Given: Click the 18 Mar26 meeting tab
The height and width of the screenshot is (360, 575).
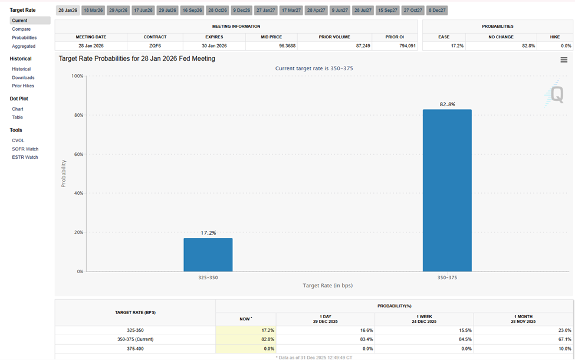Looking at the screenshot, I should (93, 11).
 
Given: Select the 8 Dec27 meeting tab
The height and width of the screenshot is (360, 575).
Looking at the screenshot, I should (437, 11).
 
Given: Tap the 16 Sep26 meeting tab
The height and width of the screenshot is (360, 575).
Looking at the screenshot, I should (192, 11).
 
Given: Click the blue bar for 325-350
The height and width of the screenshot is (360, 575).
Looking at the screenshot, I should (208, 254).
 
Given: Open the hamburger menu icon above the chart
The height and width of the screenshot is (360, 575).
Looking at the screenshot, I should (564, 60).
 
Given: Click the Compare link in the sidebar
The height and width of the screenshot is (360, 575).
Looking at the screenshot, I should (21, 29).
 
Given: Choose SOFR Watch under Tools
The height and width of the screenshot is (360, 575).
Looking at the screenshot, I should (25, 149).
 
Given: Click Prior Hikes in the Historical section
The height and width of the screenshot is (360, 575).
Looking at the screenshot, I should (23, 86).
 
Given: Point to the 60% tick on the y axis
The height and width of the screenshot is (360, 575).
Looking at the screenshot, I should (77, 154).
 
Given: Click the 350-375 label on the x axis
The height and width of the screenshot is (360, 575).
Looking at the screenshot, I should (447, 277).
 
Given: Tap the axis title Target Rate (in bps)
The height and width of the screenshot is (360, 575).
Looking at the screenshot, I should (327, 286).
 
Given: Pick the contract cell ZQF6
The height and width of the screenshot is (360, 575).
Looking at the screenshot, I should (155, 45).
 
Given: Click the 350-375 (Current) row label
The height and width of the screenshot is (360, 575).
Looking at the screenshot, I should (136, 339).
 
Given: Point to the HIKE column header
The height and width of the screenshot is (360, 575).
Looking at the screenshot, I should (554, 37).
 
